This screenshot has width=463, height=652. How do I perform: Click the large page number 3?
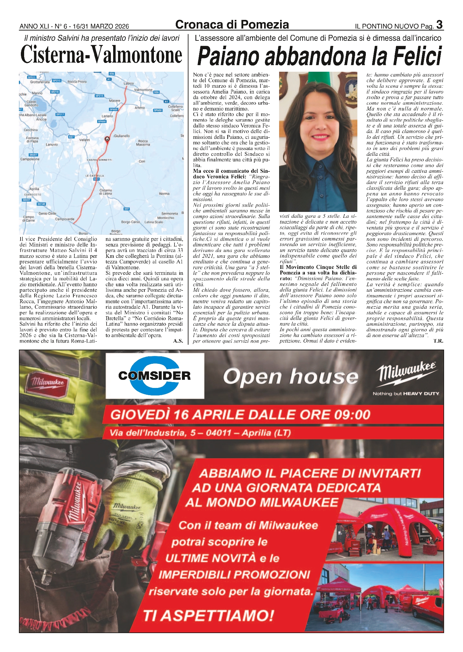(x=439, y=24)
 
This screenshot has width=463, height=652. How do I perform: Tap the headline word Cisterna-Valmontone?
(x=101, y=55)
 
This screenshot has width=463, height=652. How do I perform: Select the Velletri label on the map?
(x=84, y=140)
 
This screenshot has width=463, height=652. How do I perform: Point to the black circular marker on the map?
(x=107, y=139)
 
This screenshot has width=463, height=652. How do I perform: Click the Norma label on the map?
(x=164, y=194)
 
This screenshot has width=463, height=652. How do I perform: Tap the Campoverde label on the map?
(x=65, y=219)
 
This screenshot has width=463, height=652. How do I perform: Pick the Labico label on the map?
(x=129, y=83)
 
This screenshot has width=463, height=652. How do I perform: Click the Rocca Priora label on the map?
(x=77, y=82)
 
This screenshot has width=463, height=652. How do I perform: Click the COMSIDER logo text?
(x=155, y=376)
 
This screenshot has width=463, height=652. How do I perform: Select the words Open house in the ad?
(x=291, y=377)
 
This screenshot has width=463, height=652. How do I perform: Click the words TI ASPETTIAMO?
(x=209, y=615)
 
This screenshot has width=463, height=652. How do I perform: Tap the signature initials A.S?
(x=178, y=341)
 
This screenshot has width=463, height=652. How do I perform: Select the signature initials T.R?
(x=438, y=341)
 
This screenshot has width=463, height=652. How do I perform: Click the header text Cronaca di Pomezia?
(x=232, y=25)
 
